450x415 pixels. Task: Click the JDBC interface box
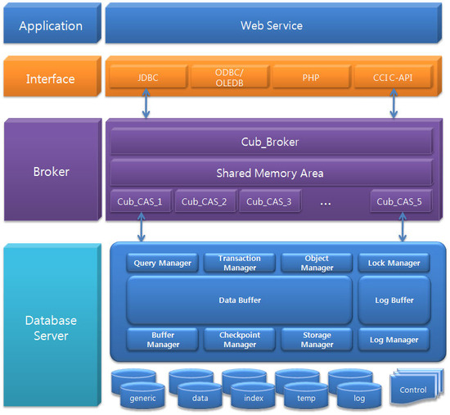[148, 77]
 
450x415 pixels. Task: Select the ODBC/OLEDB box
[230, 77]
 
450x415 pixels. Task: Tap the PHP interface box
[312, 77]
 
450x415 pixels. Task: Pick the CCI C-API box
[394, 77]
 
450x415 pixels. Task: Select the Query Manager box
[163, 263]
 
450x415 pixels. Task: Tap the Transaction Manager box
[240, 263]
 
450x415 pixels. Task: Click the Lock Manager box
[394, 263]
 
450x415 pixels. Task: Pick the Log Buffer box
[394, 300]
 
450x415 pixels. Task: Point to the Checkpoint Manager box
[240, 340]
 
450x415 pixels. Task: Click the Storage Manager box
[317, 340]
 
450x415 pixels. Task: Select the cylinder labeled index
[253, 395]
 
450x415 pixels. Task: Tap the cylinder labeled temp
[306, 395]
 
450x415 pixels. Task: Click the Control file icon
[412, 387]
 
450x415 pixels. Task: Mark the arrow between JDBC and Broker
[146, 103]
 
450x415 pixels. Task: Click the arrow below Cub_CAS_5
[403, 227]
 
